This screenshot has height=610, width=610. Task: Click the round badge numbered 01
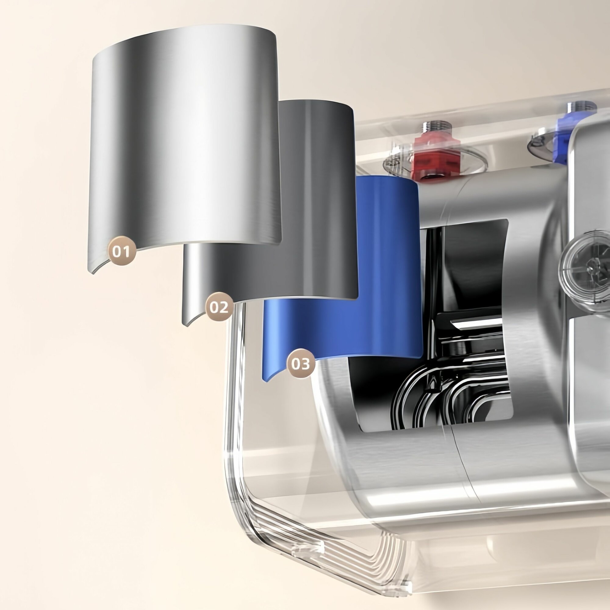(122, 251)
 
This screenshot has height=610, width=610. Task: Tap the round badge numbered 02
(219, 307)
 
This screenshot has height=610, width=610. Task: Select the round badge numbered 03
(300, 364)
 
